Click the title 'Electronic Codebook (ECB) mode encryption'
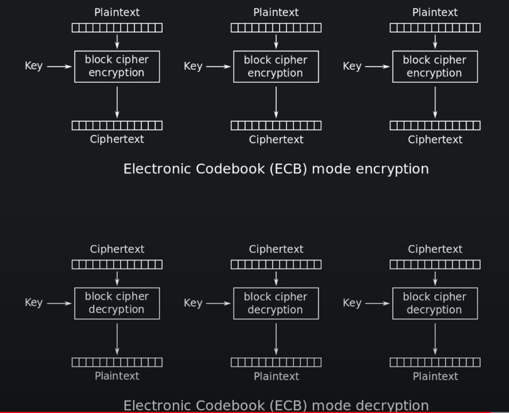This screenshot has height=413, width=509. point(276,169)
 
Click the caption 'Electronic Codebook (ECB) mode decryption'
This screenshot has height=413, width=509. point(276,405)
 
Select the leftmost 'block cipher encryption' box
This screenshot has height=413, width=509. point(117,66)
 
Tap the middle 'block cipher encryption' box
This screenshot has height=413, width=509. point(276,66)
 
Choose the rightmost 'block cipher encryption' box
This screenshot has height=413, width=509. point(435,66)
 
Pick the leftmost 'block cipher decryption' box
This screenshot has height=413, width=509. point(117,303)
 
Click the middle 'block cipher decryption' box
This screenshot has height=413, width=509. point(276,303)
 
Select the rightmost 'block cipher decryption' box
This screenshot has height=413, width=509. point(435,303)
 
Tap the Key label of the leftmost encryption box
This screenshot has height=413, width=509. point(33,66)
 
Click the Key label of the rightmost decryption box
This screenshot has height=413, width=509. point(351,303)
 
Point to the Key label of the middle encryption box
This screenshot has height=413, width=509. point(193,66)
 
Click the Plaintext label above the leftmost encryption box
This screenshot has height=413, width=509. point(117,12)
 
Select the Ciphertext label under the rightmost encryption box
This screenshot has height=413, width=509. point(435,140)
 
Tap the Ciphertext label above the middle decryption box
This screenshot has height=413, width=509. point(276,249)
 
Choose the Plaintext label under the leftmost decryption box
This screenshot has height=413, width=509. point(117,376)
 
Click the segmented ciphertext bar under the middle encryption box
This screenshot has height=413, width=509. point(276,126)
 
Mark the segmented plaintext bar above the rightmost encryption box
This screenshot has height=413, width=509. point(435,28)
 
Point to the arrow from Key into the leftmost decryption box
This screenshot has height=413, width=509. point(59,303)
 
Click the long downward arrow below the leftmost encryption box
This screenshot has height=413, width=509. point(117,102)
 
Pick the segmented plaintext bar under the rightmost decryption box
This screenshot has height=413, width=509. point(435,363)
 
